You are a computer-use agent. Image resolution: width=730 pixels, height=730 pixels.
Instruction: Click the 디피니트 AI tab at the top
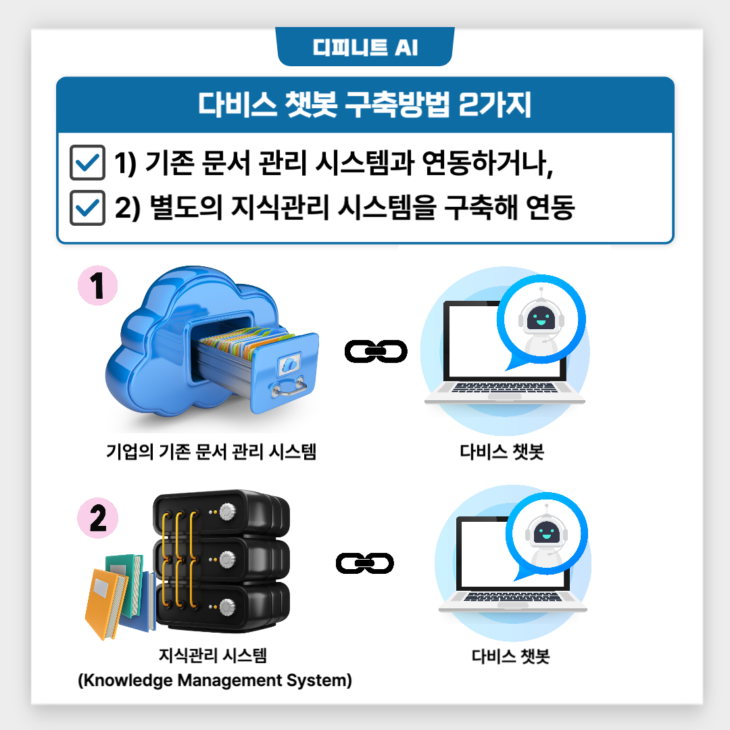pos(365,48)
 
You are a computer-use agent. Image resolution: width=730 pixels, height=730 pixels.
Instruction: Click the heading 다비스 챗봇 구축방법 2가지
pos(365,106)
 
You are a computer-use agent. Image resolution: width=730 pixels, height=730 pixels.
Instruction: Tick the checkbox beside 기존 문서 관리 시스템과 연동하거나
pos(87,163)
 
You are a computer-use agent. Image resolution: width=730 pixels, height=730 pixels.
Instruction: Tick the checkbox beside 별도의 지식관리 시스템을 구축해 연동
pos(87,208)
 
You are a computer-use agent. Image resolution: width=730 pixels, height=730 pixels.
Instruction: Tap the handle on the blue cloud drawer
pos(288,388)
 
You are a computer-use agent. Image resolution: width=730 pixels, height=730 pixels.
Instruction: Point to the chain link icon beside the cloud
pos(376,351)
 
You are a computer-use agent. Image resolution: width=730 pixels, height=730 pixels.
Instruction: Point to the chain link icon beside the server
pos(365,563)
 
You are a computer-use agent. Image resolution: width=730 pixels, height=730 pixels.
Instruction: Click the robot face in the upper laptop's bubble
pos(541,317)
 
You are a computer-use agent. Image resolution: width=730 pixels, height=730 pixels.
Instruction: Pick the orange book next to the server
pos(106,602)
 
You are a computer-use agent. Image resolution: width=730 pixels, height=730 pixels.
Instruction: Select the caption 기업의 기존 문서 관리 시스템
pos(211,451)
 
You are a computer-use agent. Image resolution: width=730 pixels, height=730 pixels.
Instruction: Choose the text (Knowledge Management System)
pos(215,680)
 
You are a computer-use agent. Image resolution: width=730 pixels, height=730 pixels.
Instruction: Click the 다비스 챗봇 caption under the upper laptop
pos(502,451)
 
